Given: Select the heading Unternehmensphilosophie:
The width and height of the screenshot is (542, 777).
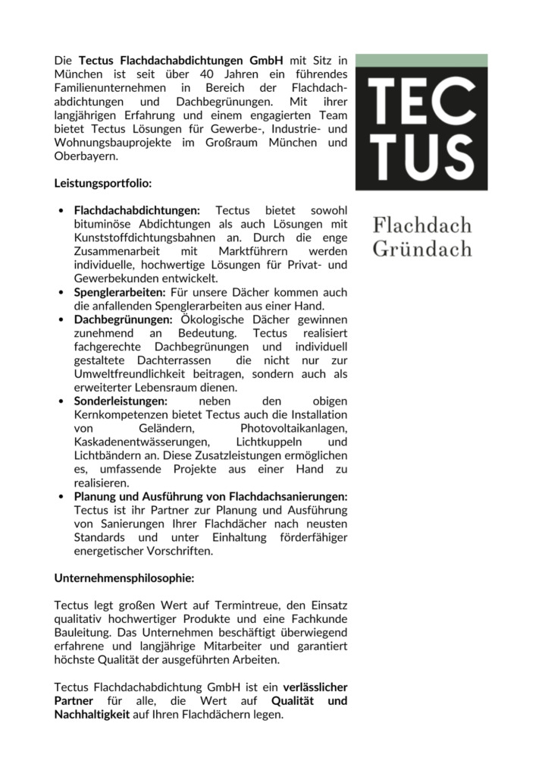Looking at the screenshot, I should pos(124,577).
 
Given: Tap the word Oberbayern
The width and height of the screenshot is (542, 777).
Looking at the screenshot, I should pos(86,156).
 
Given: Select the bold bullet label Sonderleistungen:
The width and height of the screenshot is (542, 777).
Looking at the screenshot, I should pos(121,401).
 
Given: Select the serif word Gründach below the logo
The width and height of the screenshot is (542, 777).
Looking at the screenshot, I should pos(421,248).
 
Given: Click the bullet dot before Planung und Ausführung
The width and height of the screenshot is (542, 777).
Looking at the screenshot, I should pos(61,497).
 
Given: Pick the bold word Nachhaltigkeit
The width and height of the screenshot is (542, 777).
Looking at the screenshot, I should pos(92,715).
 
